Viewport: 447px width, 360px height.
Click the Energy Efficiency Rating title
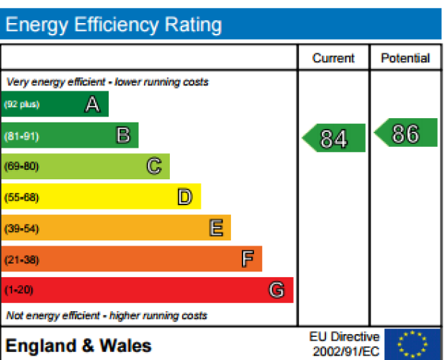click(x=114, y=25)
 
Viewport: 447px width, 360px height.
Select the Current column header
click(x=333, y=58)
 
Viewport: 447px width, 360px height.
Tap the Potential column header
click(x=405, y=58)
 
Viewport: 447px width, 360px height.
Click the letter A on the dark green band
click(x=92, y=104)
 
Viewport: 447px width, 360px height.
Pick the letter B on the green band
click(x=123, y=135)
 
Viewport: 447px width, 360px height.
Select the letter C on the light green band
click(x=154, y=166)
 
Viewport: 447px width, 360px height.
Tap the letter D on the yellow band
click(x=185, y=197)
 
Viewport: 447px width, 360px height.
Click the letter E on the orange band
click(x=215, y=228)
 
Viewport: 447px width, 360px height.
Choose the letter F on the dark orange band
click(x=247, y=259)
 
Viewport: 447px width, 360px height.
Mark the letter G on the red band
click(x=276, y=290)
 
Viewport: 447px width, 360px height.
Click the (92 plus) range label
click(x=22, y=104)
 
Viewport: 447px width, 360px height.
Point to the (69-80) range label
click(x=22, y=166)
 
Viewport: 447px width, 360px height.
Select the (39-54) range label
click(x=22, y=228)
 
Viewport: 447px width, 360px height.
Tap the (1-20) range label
click(x=19, y=290)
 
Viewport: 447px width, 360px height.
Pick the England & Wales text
click(x=78, y=346)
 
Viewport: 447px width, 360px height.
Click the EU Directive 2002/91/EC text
click(x=344, y=344)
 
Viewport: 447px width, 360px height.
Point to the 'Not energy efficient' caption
click(x=107, y=315)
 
